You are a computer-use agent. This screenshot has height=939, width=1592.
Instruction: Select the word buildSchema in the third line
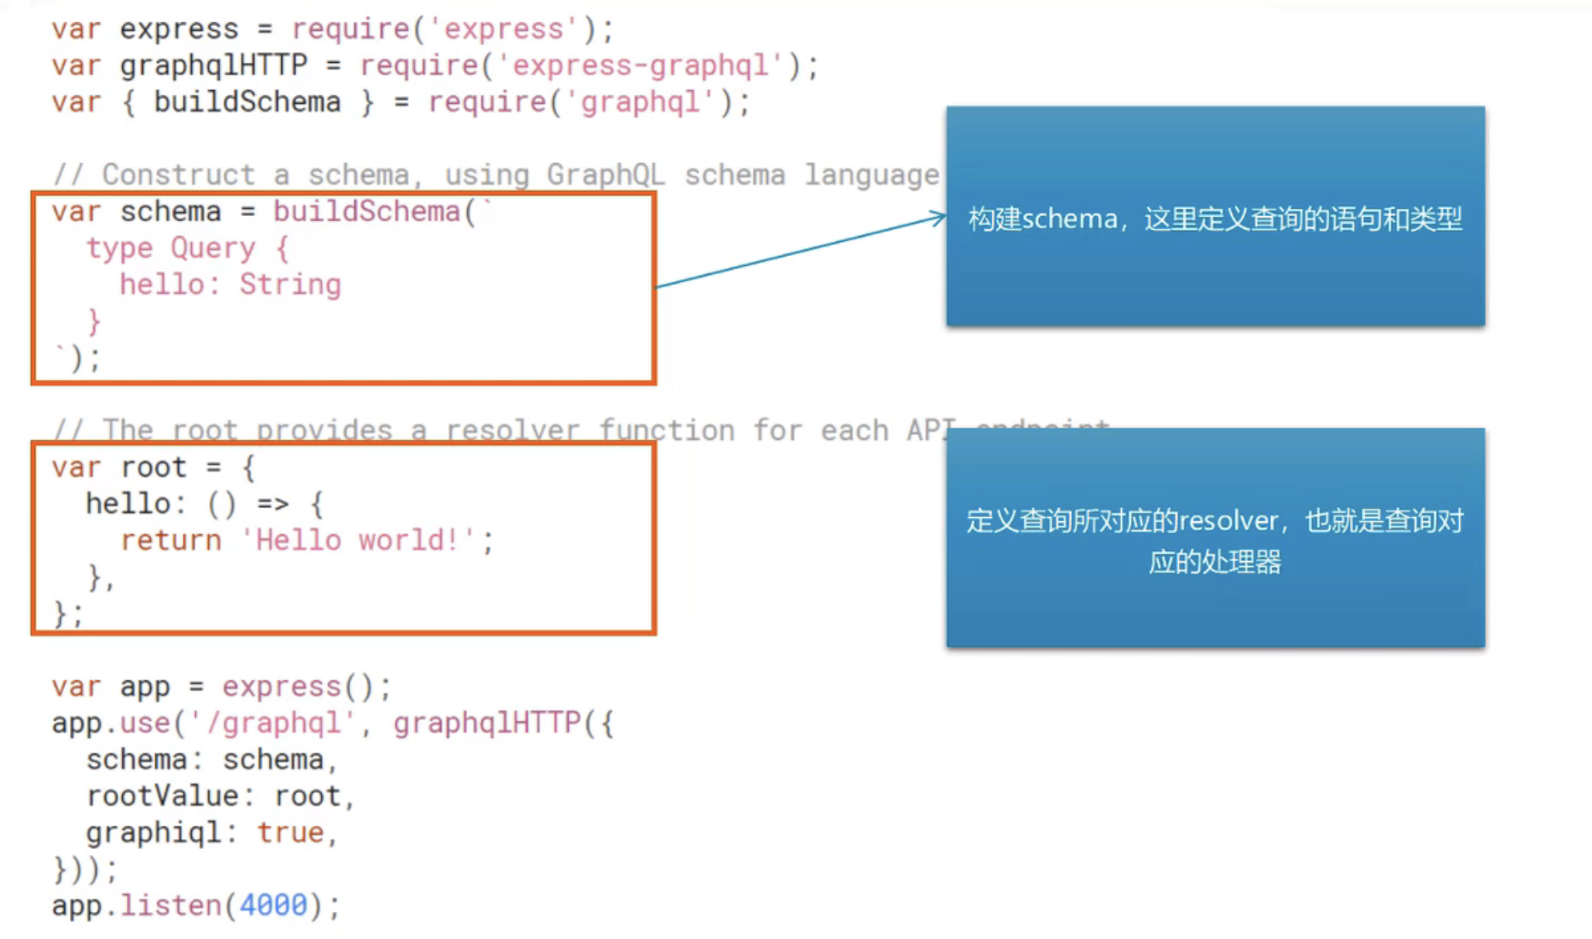click(247, 102)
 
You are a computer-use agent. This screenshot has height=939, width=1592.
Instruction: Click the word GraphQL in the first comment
click(605, 175)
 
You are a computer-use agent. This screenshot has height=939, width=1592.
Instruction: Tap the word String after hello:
click(290, 285)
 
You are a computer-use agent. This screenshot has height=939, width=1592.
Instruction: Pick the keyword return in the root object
click(171, 540)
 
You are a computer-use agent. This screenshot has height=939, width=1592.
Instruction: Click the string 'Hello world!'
click(358, 540)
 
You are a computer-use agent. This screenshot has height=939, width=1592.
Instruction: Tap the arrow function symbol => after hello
click(273, 504)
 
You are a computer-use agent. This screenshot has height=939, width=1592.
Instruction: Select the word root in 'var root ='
click(154, 467)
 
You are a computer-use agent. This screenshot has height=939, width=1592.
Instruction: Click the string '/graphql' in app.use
click(273, 723)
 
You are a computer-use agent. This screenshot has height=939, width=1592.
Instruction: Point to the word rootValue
click(162, 796)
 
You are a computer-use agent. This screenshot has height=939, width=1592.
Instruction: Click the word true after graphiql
click(290, 833)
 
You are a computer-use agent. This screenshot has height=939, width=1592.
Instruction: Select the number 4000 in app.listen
click(273, 905)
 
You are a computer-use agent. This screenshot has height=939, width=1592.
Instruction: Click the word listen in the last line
click(171, 905)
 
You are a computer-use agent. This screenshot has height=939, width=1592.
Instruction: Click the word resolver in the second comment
click(512, 431)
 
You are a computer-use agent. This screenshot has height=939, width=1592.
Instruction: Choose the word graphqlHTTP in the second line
click(213, 66)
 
